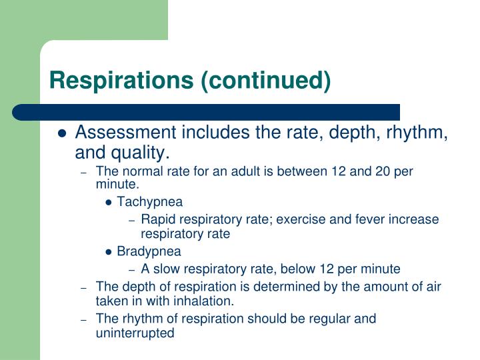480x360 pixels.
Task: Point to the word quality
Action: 138,153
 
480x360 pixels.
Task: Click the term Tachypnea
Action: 150,202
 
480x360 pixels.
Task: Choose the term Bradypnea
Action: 149,252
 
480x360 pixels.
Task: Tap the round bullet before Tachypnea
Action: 109,202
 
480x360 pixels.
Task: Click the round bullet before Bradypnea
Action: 109,252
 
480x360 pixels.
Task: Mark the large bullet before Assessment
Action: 62,133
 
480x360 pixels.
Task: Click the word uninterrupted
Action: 135,333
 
